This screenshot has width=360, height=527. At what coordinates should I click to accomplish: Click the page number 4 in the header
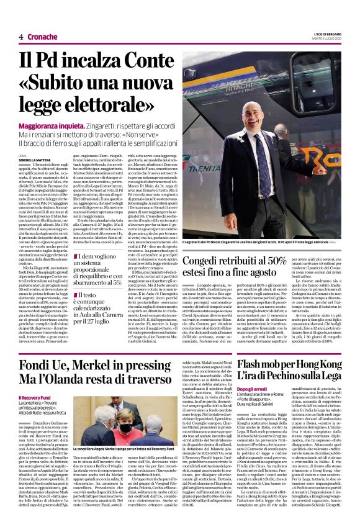pos(21,37)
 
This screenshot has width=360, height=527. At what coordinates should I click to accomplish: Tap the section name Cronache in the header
pos(43,37)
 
